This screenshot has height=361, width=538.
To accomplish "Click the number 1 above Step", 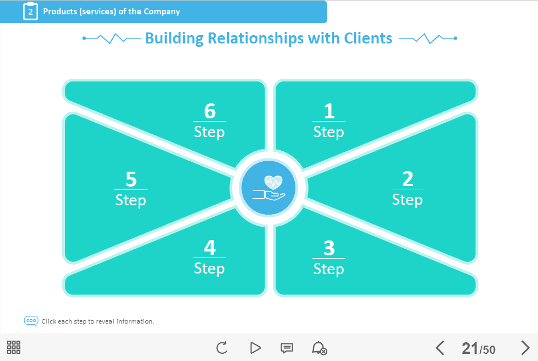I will (x=329, y=111).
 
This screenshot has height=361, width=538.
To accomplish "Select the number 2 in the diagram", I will (x=408, y=179).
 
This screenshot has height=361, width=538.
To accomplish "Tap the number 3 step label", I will (x=329, y=248).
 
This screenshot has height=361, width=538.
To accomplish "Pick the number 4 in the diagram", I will (x=210, y=248).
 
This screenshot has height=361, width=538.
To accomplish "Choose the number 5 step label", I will (x=131, y=179).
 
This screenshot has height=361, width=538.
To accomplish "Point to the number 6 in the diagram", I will (x=210, y=111).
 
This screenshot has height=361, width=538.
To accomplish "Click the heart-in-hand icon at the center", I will (x=269, y=188).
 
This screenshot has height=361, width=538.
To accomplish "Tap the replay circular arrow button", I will (x=222, y=348).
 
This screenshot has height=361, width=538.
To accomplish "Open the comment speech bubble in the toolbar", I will (x=287, y=348).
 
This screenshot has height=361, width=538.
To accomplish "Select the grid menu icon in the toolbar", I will (x=14, y=347).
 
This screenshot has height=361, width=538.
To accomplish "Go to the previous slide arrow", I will (x=440, y=348).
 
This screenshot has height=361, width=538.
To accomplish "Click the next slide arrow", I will (x=525, y=348).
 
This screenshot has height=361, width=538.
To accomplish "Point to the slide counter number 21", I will (x=470, y=348).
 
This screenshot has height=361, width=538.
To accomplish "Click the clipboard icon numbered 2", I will (x=30, y=11).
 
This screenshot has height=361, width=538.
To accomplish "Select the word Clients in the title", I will (x=368, y=39).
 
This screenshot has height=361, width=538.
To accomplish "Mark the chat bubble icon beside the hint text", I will (x=31, y=321).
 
